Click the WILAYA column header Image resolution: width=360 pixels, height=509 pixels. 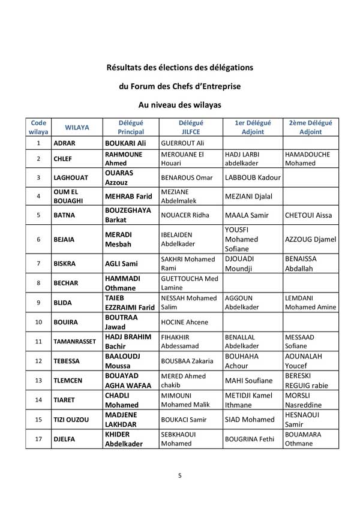pos(77,127)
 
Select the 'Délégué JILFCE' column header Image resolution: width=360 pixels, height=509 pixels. pos(190,127)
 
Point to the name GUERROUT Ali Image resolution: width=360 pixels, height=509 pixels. pos(183,144)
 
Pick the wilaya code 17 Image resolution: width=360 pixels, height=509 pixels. pos(38,439)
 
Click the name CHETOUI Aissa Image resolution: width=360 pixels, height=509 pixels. pos(308,215)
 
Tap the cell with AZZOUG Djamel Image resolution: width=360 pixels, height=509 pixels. pos(310,239)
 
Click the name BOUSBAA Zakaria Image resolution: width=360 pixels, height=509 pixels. pos(190,361)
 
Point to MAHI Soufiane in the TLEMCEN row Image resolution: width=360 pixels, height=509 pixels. pos(248,381)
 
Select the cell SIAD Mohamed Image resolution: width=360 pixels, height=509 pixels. pos(249,420)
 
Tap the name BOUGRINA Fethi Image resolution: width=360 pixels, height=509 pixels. pos(249,439)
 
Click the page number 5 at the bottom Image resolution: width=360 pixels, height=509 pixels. pos(179,476)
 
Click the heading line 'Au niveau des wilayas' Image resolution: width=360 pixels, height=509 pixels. pos(179,104)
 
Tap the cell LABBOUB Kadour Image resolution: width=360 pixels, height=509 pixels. pos(252,177)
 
